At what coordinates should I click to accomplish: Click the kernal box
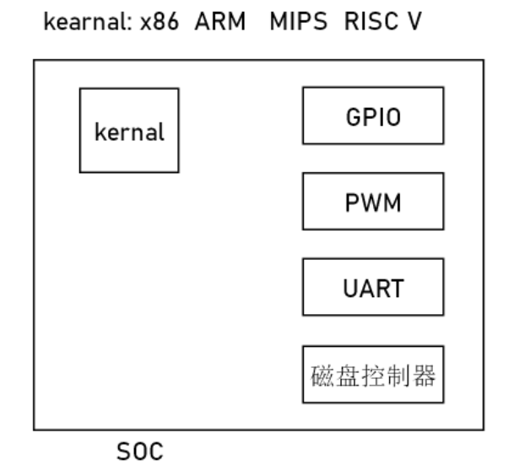point(129,131)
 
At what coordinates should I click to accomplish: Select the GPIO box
point(372,116)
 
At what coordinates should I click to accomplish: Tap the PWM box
point(372,202)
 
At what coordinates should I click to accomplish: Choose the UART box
point(372,287)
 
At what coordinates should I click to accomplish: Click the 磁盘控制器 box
point(372,374)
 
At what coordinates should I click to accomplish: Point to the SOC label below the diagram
point(139,452)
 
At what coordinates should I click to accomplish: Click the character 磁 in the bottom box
point(319,375)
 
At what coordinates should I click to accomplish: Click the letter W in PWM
point(372,203)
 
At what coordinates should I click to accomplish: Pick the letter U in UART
point(349,288)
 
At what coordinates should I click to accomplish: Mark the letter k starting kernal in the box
point(100,132)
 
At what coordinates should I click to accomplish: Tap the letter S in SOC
point(124,452)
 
